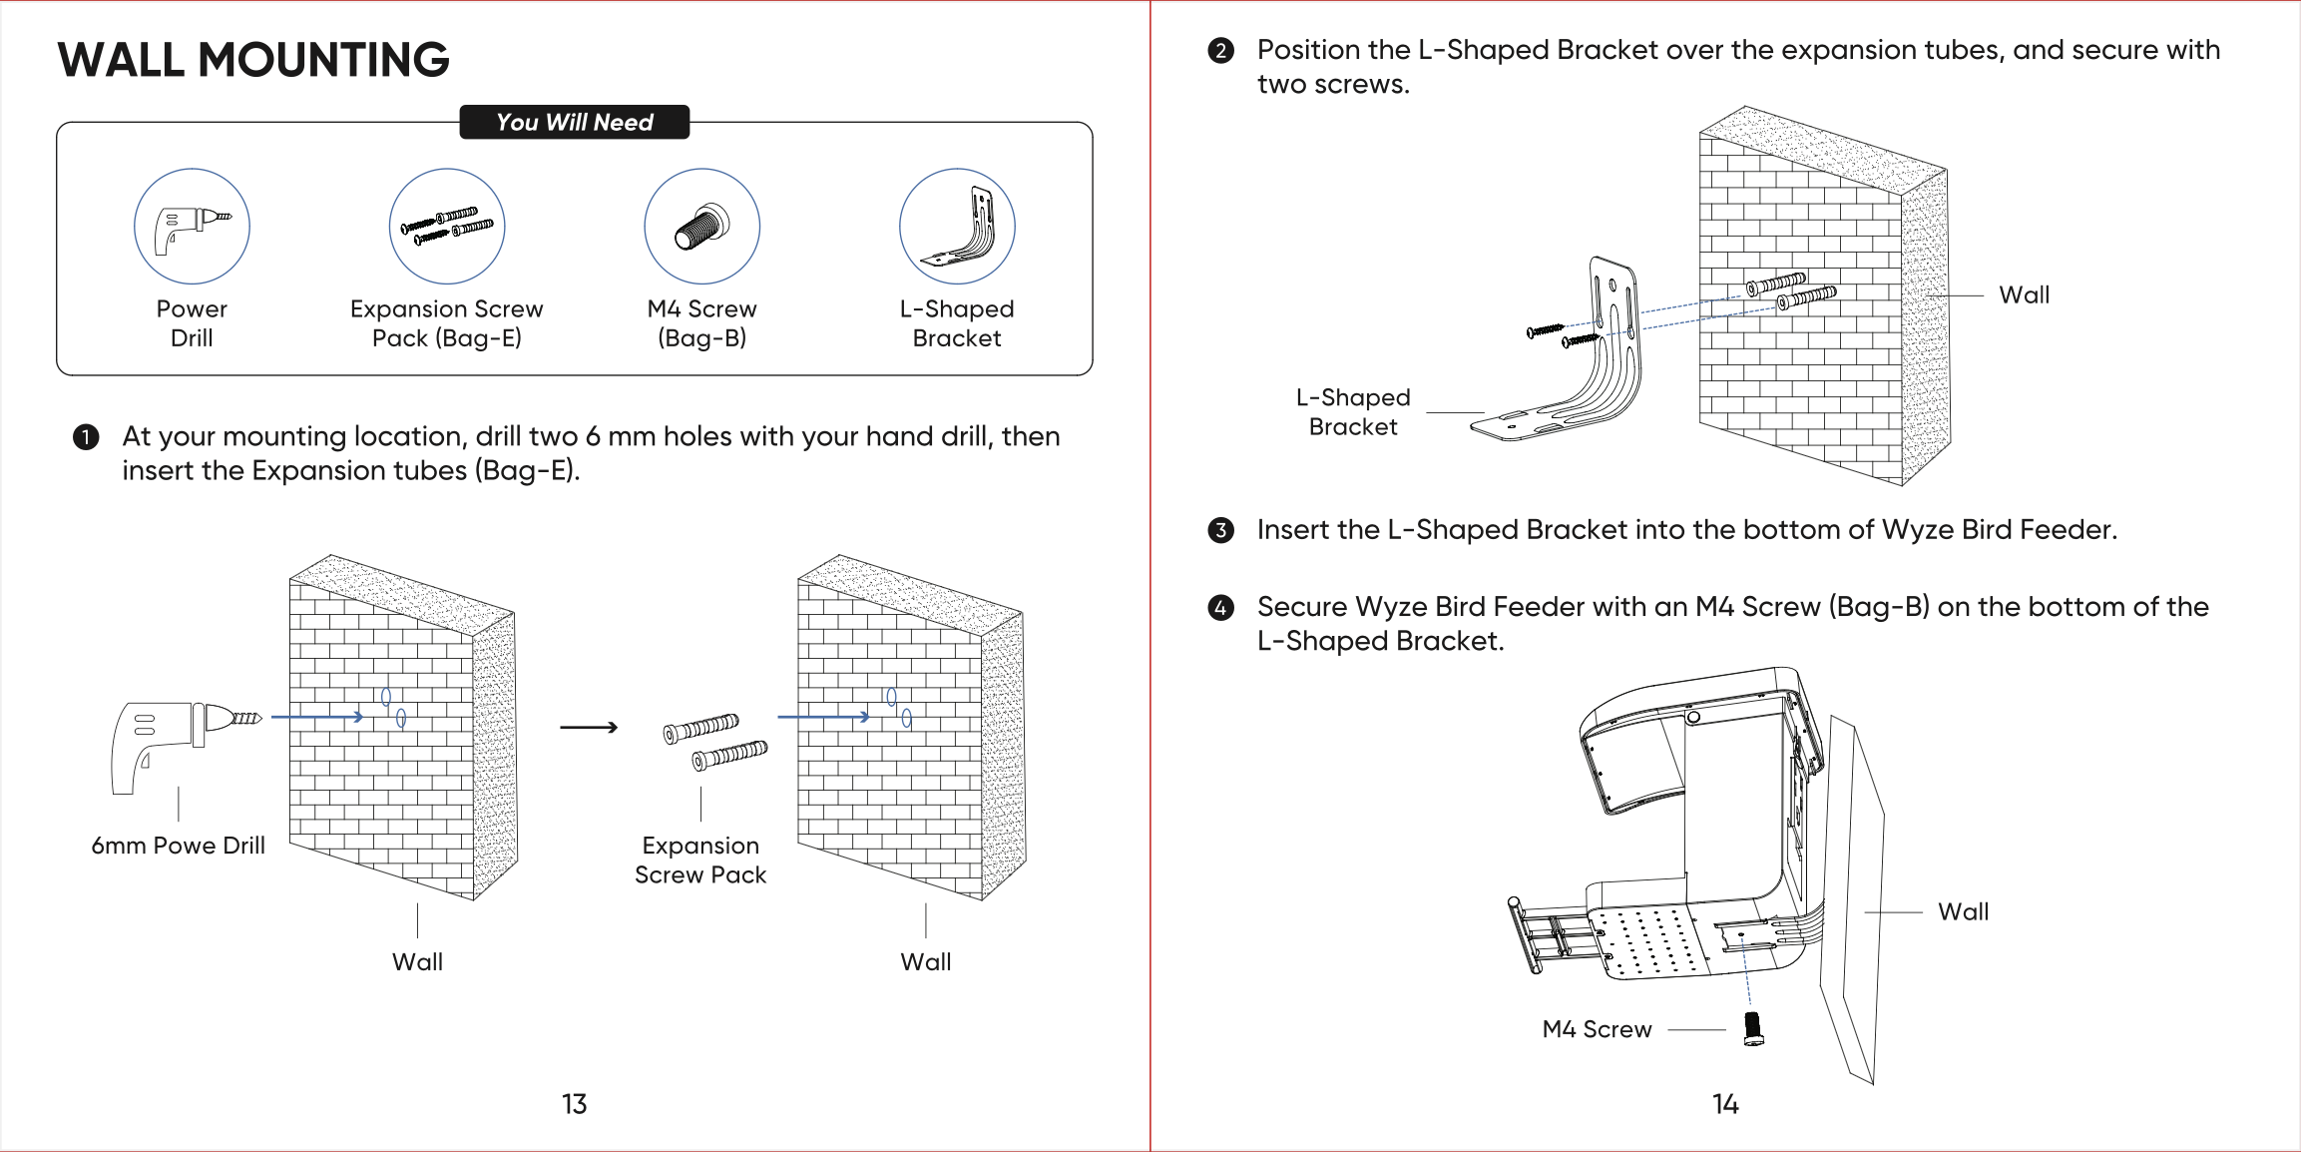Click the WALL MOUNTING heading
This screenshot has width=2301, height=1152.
pos(253,60)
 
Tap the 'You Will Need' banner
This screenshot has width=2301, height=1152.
pos(574,122)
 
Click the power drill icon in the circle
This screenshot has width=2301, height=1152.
pos(192,227)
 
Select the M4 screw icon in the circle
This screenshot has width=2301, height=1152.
pos(701,227)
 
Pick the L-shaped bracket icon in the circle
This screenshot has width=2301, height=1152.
pos(957,227)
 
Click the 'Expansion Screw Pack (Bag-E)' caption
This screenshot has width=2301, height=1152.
pos(446,323)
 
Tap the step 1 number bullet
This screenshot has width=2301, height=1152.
pos(86,437)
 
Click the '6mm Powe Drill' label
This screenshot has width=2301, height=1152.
pos(178,846)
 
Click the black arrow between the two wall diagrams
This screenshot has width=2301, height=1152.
pos(589,728)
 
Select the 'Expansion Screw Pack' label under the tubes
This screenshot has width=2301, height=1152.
pos(699,860)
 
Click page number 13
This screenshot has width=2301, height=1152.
pos(574,1104)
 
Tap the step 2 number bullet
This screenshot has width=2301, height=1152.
pos(1220,51)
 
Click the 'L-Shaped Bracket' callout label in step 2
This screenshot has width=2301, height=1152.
pos(1352,412)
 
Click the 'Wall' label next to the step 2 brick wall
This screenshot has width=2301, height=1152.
pos(2024,295)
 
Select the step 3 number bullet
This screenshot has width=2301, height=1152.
pos(1220,530)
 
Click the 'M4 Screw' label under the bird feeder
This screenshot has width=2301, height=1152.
pos(1597,1029)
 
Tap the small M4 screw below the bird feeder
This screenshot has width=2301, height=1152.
pos(1752,1028)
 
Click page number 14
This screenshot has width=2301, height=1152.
pos(1725,1104)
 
